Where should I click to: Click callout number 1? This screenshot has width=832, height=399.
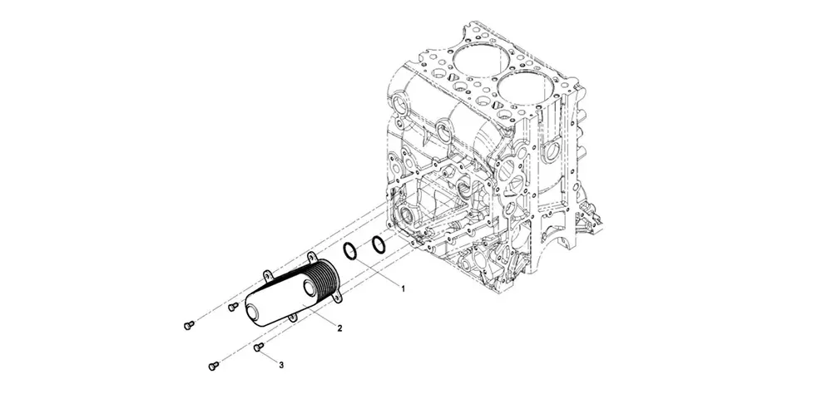tap(404, 288)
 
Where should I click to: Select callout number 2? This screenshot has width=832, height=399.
tap(339, 328)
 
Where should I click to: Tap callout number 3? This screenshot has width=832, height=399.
tap(281, 365)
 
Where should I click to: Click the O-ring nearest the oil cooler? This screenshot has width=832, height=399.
tap(351, 250)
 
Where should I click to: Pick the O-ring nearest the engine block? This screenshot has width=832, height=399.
tap(378, 244)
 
